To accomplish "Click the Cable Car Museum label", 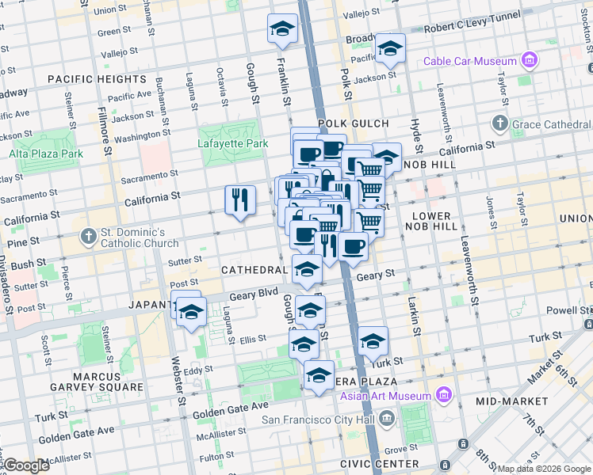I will [x=470, y=61].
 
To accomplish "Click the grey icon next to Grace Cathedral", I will [x=499, y=123].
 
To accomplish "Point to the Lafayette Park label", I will [x=229, y=143].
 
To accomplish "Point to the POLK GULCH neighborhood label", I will [x=354, y=123].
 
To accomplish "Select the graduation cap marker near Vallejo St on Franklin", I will [x=282, y=29].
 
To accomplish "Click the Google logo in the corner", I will [x=26, y=465].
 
